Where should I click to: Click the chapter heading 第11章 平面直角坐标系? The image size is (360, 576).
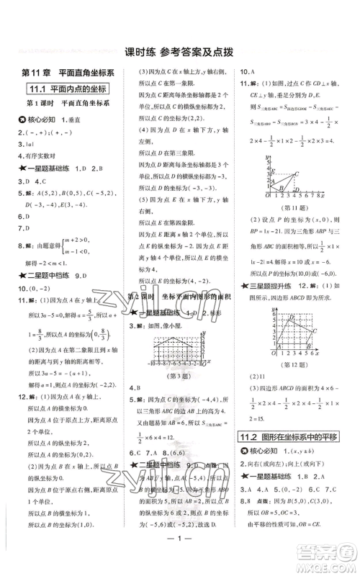(x=64, y=73)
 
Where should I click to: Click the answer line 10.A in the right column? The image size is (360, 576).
(x=248, y=71)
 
